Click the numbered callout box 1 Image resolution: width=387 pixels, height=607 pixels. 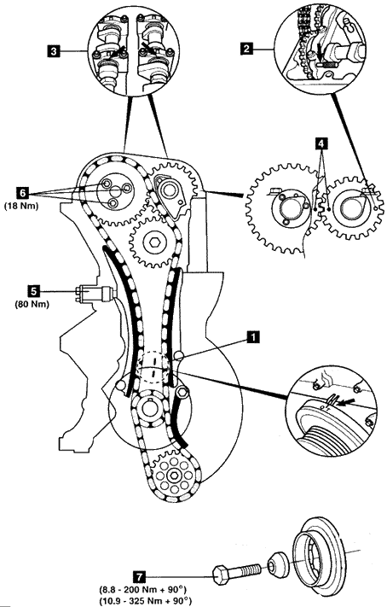click(x=253, y=337)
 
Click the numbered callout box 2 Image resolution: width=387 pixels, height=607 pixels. click(x=245, y=49)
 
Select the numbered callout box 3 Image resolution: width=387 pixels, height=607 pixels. click(x=55, y=50)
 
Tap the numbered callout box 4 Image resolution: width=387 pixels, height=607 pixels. click(x=321, y=143)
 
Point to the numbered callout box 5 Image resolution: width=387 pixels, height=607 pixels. click(x=33, y=290)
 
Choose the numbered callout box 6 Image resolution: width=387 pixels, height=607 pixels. click(x=23, y=192)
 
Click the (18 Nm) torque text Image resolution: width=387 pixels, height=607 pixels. click(x=21, y=206)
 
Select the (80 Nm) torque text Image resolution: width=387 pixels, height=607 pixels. click(x=32, y=304)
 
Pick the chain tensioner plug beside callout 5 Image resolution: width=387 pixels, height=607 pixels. click(x=95, y=291)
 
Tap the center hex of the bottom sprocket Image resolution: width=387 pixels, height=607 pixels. click(x=172, y=476)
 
